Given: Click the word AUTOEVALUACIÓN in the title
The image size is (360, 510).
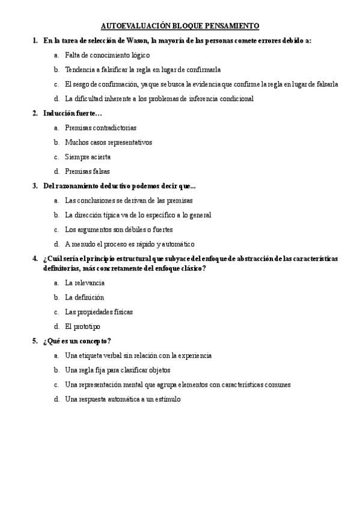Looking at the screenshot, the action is point(133,26).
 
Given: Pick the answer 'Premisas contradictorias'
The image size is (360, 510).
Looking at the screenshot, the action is point(100,127).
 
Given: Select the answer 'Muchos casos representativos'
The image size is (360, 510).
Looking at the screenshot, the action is point(108,143).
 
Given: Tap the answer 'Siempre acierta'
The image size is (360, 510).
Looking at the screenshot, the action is point(88,157).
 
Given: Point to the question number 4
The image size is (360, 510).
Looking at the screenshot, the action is point(35,259).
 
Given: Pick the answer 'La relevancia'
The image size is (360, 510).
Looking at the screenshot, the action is point(85,283).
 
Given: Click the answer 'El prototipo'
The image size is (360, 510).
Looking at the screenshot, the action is point(83,327).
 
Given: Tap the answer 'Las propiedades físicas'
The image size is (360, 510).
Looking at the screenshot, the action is point(99,312).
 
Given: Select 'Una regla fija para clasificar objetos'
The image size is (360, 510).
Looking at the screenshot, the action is point(118,370).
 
